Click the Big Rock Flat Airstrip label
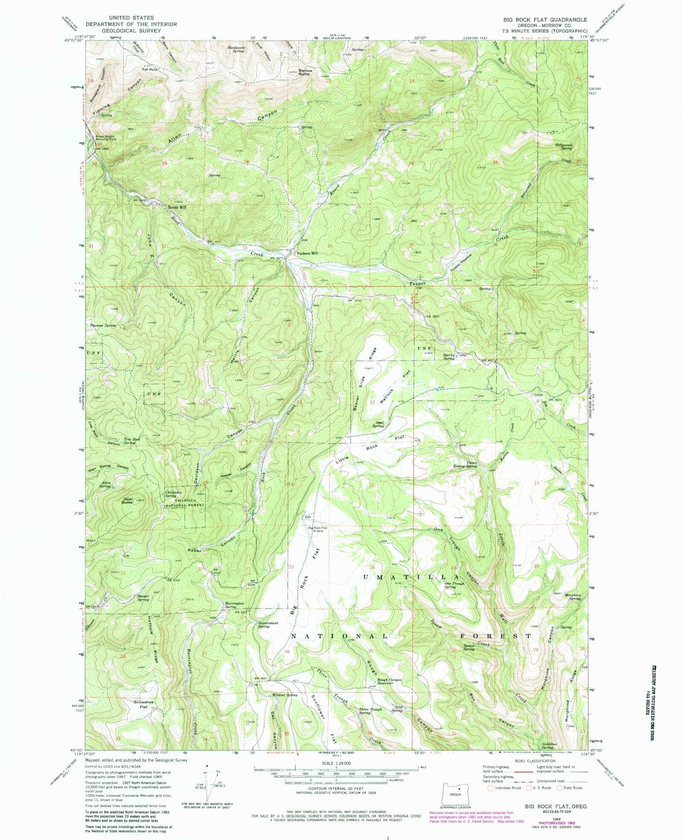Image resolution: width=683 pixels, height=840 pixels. tap(318, 529)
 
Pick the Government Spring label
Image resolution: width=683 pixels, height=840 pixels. tap(267, 625)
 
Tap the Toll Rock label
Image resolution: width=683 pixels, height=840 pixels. tap(149, 69)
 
